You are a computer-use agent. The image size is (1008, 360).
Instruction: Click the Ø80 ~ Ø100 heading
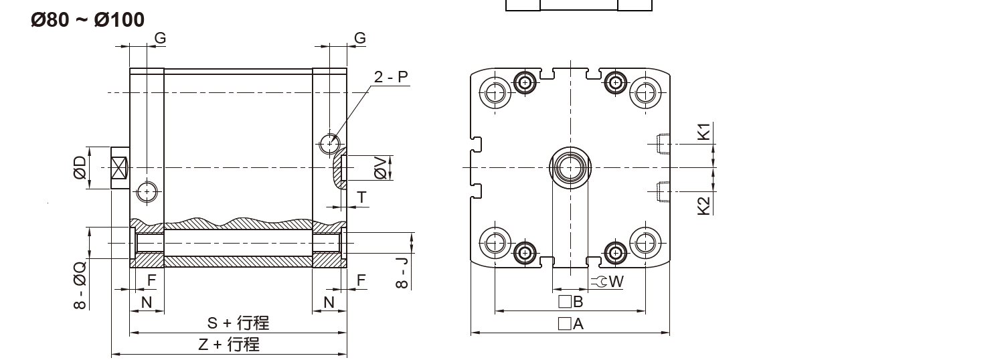[x=87, y=20]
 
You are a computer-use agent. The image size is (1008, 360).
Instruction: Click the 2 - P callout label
[x=391, y=77]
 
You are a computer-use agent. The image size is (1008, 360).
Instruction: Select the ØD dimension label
[x=80, y=167]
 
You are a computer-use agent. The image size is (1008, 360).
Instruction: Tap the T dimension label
[x=361, y=197]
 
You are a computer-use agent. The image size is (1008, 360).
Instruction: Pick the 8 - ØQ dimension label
[x=80, y=284]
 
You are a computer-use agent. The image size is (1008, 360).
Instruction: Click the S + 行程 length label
[x=238, y=323]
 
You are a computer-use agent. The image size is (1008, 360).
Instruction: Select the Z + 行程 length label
[x=228, y=345]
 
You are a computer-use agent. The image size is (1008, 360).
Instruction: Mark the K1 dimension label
[x=703, y=131]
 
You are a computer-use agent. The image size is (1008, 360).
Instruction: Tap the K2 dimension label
[x=703, y=205]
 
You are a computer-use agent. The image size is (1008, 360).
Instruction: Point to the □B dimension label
[x=571, y=302]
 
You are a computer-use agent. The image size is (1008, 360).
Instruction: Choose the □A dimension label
[x=571, y=324]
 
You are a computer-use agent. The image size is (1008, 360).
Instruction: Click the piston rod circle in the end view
[x=570, y=167]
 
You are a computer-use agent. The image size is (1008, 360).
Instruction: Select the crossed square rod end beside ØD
[x=120, y=167]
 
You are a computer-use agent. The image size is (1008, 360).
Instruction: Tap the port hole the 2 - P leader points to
[x=329, y=143]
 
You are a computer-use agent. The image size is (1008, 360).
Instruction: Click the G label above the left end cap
[x=160, y=38]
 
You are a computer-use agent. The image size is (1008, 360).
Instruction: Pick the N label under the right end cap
[x=329, y=302]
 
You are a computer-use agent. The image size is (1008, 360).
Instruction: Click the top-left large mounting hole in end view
[x=495, y=92]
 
